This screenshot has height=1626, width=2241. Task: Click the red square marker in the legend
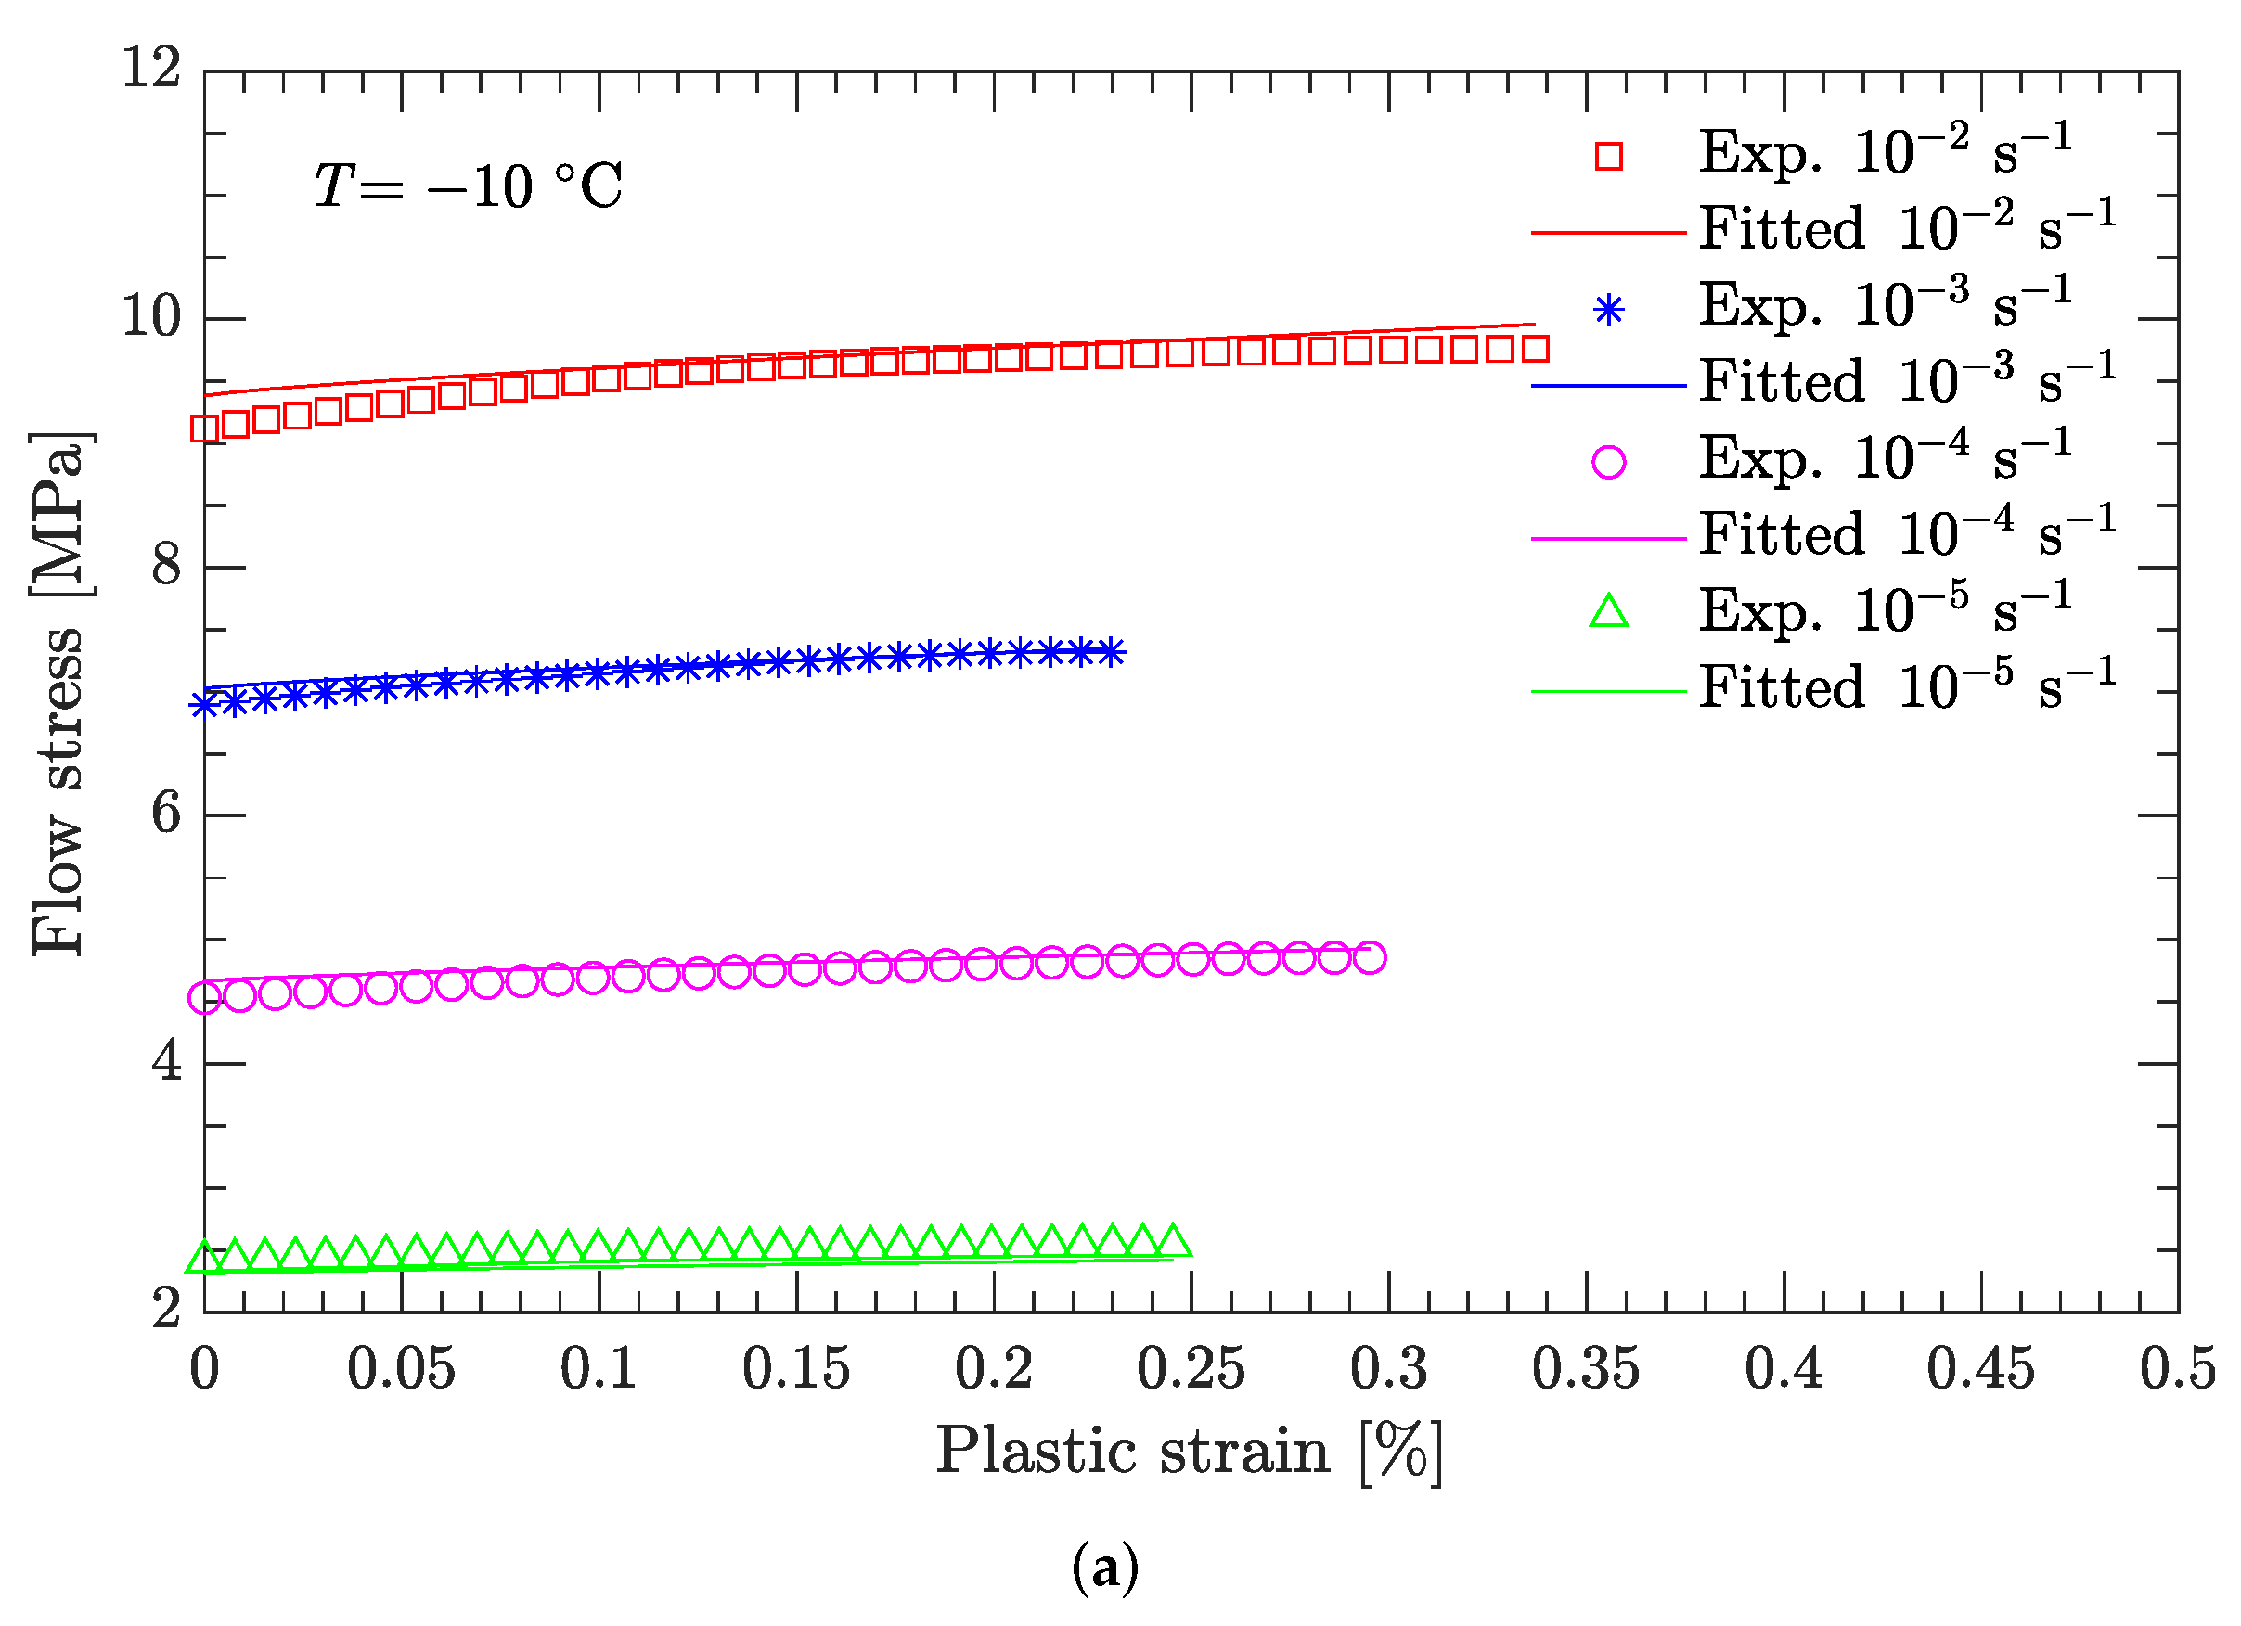point(1609,156)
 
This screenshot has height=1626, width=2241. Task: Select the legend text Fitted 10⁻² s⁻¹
point(1907,229)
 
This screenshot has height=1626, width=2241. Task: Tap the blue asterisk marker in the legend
point(1609,310)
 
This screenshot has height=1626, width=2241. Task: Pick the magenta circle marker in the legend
point(1609,461)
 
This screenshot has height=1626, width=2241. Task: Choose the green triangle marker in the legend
point(1609,612)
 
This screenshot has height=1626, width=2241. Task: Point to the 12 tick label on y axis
point(151,70)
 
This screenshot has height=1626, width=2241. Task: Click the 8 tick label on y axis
point(166,566)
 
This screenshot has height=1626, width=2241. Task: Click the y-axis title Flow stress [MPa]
point(58,694)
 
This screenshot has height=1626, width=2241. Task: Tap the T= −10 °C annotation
point(468,186)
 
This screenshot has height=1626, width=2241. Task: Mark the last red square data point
point(1535,348)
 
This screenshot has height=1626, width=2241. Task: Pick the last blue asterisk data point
point(1113,652)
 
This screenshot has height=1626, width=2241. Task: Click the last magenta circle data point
point(1370,957)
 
